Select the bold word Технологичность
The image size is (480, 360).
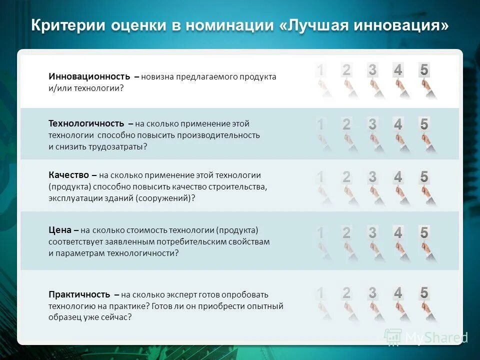tap(86, 123)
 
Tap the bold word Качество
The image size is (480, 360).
tap(68, 175)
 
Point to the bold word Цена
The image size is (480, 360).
tap(60, 230)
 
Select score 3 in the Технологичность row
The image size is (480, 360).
tap(372, 124)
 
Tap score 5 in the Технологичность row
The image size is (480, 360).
tap(424, 124)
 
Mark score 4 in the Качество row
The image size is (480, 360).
tap(398, 177)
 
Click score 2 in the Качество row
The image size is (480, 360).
tap(346, 177)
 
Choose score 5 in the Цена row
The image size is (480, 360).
tap(424, 232)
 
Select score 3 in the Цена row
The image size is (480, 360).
tap(372, 232)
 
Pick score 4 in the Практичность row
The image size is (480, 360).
tap(398, 293)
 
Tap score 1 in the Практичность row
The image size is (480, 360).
tap(320, 293)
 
